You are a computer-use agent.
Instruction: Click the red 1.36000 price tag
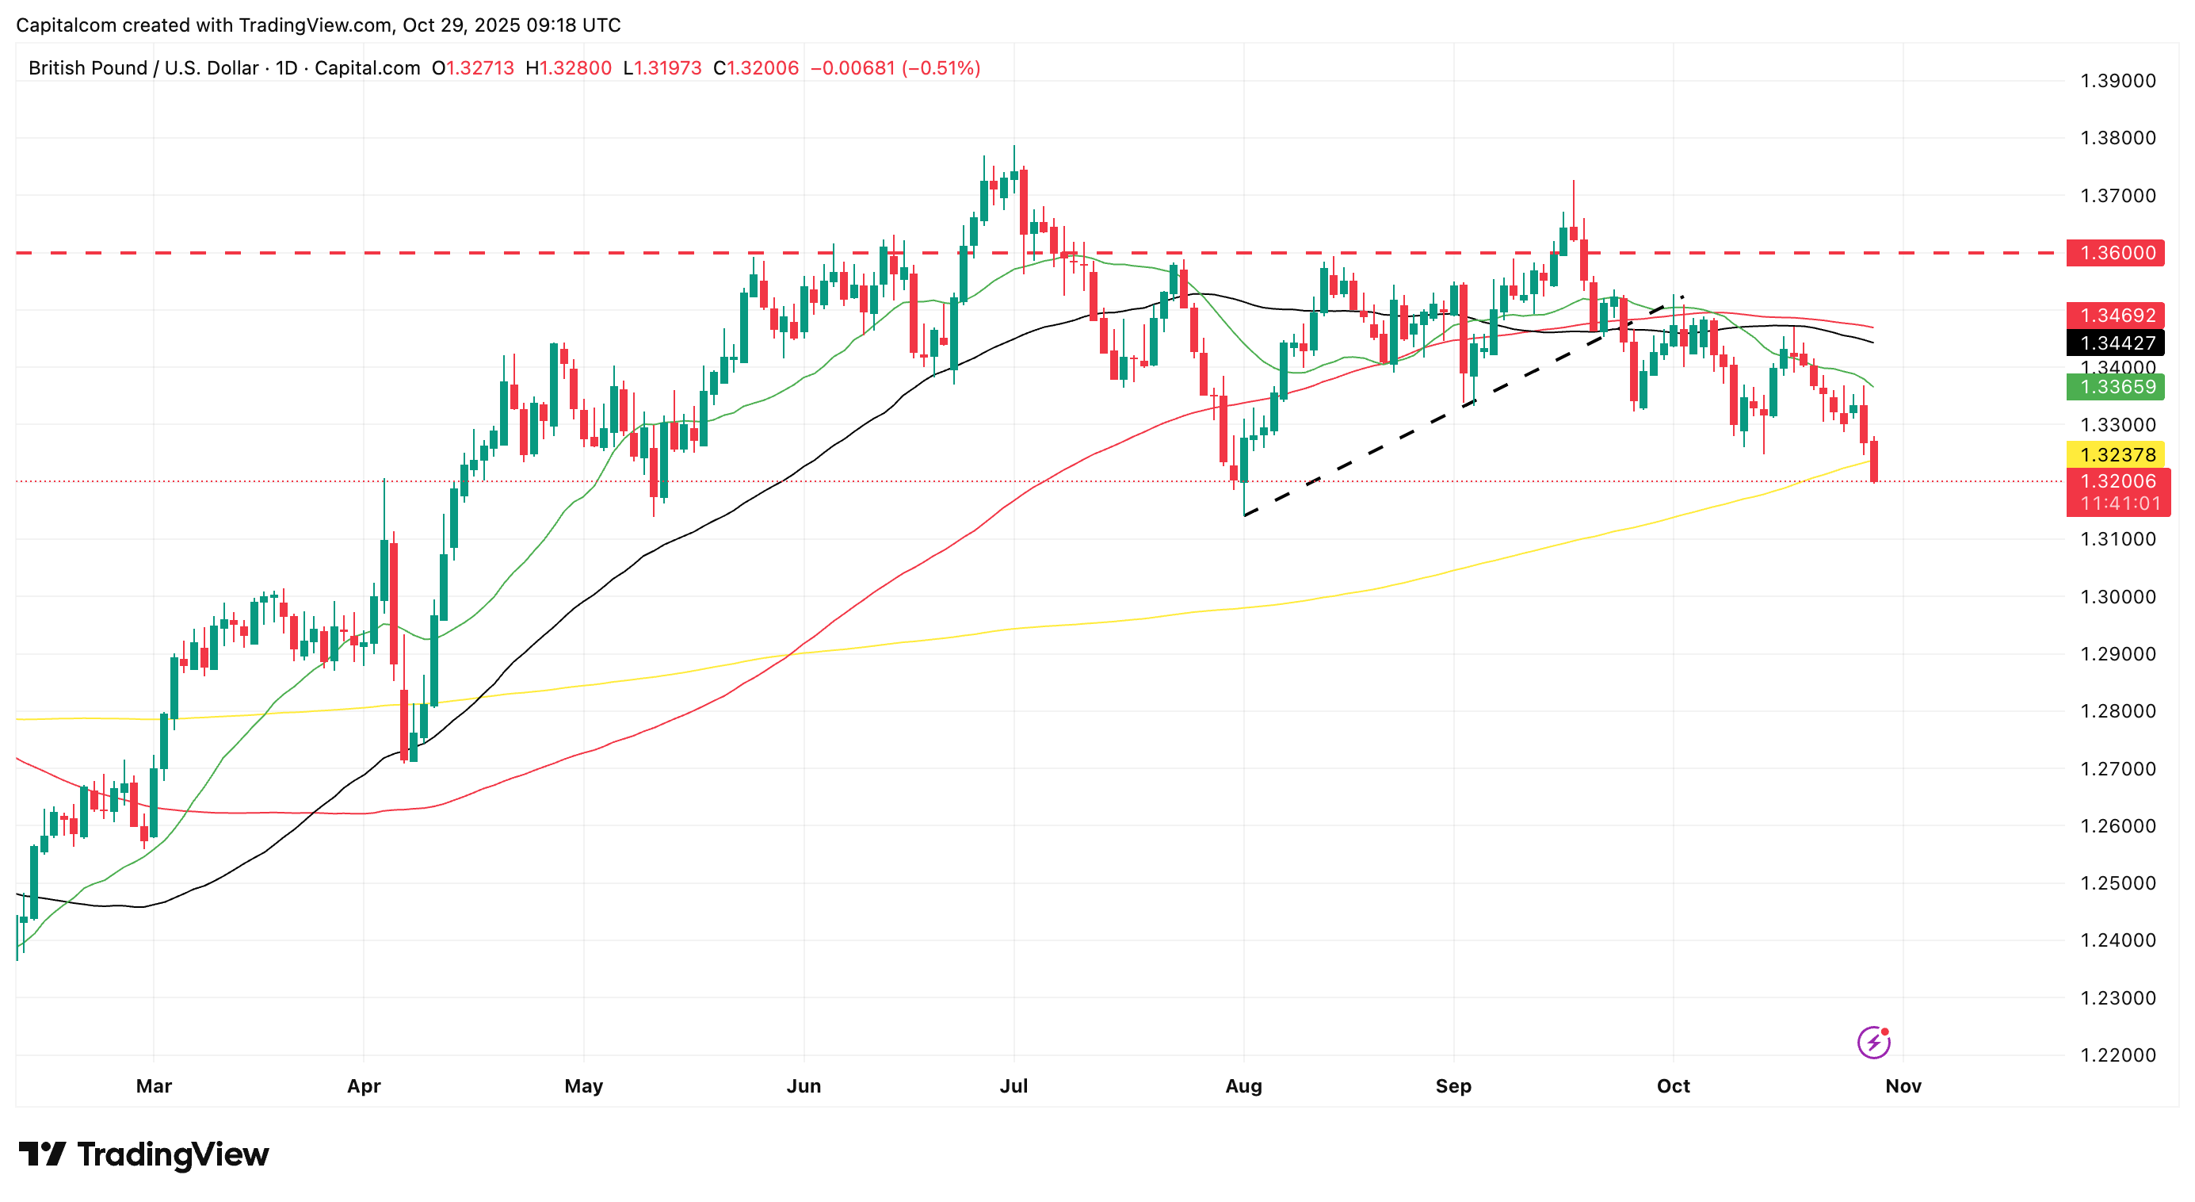pos(2116,253)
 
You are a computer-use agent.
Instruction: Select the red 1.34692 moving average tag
pos(2116,316)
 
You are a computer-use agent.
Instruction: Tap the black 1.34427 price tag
pos(2116,343)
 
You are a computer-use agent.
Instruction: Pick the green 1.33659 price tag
pos(2116,387)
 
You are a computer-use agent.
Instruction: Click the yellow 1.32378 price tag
pos(2116,454)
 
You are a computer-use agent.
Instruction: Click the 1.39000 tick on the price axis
pos(2117,81)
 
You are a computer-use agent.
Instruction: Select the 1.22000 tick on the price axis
pos(2117,1055)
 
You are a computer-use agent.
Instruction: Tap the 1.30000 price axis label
pos(2117,597)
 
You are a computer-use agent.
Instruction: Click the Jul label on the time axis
pos(1014,1086)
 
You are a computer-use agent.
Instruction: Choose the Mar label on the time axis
pos(154,1086)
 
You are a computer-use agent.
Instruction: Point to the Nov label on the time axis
pos(1903,1086)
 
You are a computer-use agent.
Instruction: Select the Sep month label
pos(1453,1086)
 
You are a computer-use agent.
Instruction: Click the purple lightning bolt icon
pos(1873,1042)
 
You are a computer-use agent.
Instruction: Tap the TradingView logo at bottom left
pos(143,1154)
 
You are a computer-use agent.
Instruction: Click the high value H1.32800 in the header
pos(568,68)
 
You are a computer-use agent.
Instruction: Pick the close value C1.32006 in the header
pos(756,68)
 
